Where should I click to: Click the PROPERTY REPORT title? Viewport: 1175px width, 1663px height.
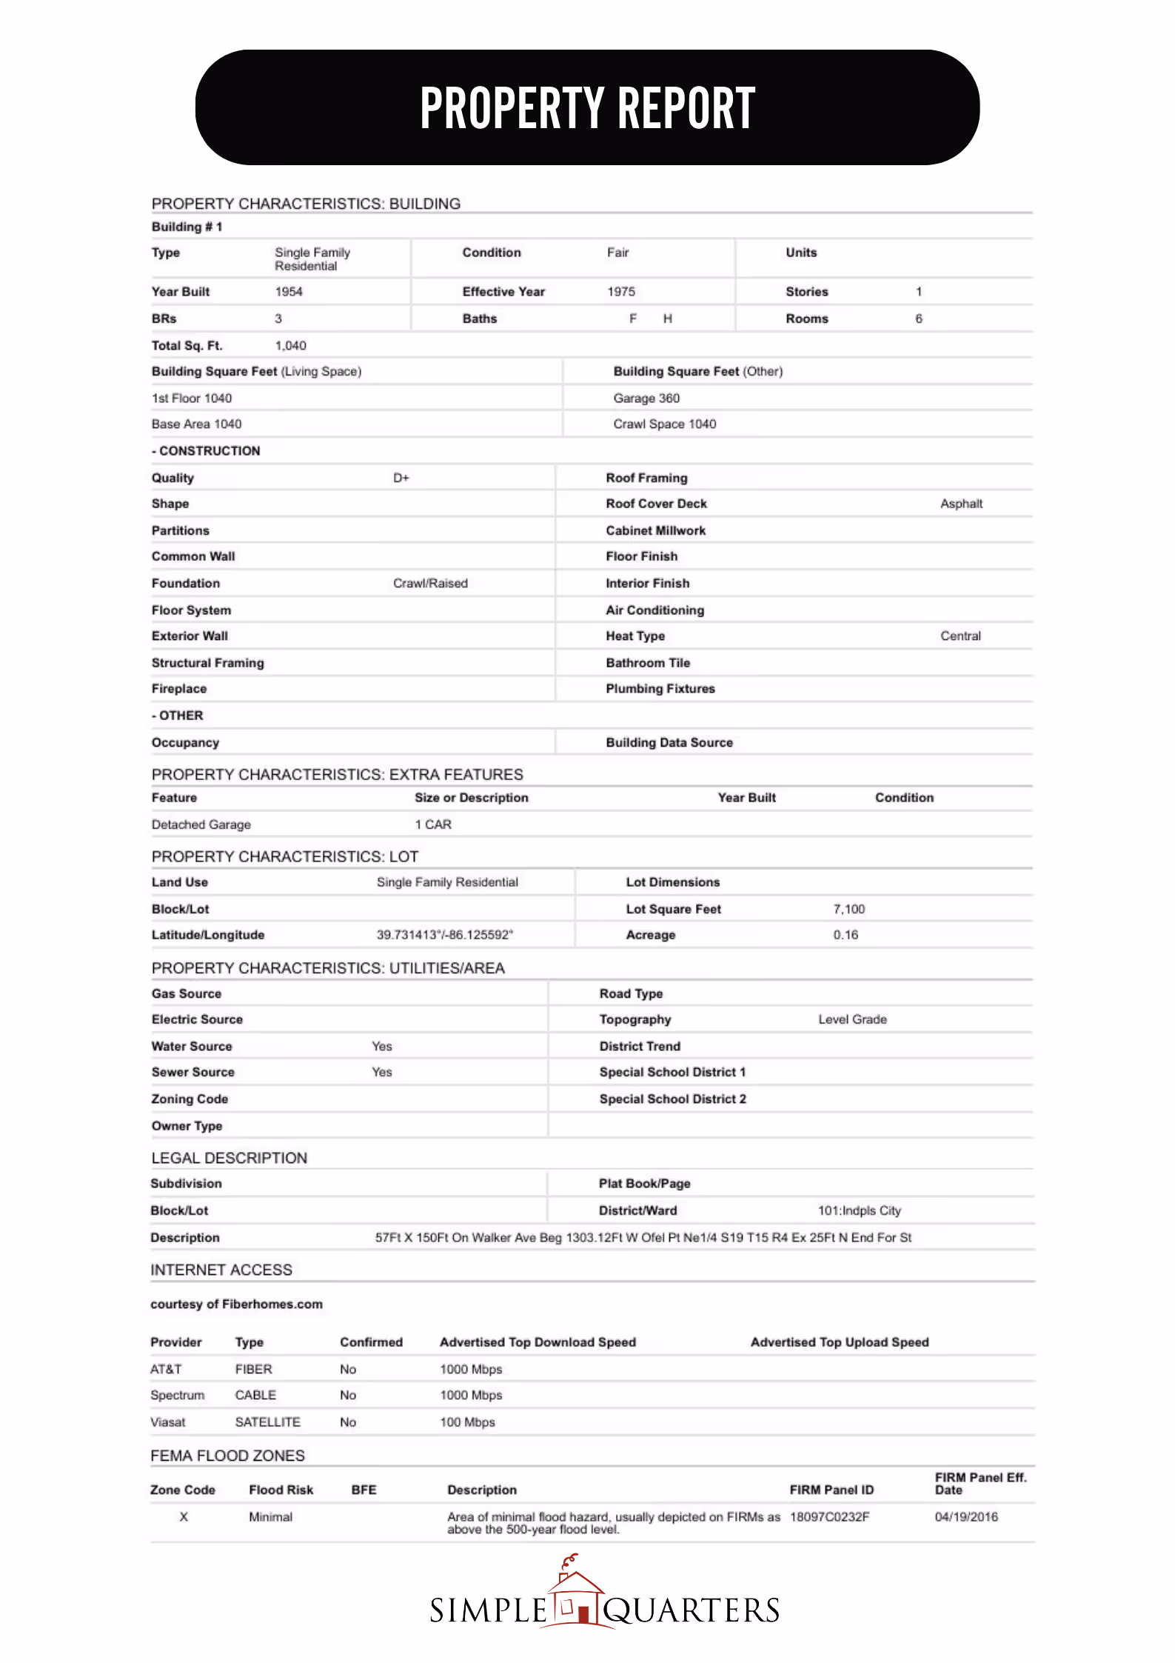(x=587, y=108)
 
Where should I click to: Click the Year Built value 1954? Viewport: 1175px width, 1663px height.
(x=289, y=292)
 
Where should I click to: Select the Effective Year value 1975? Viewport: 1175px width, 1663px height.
(x=621, y=292)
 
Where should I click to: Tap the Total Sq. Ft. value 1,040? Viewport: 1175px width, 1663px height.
(x=290, y=346)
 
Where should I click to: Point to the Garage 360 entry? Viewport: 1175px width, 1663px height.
(x=646, y=399)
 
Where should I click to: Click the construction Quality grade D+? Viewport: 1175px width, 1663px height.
(x=401, y=479)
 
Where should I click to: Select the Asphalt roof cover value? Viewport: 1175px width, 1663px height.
(x=961, y=504)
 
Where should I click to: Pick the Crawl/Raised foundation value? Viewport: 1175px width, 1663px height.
(x=430, y=584)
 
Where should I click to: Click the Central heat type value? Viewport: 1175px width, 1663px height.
(x=960, y=636)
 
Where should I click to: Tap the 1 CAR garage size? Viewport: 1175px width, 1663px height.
(x=433, y=824)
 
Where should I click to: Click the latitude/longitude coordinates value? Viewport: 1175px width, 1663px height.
(x=445, y=935)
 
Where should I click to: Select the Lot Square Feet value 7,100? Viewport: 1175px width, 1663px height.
(x=848, y=909)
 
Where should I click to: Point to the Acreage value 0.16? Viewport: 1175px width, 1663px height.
(x=846, y=935)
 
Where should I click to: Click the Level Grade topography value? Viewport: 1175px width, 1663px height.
(x=852, y=1019)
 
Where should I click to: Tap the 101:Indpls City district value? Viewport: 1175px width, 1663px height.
(x=859, y=1210)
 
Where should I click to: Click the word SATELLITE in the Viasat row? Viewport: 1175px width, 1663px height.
(x=267, y=1422)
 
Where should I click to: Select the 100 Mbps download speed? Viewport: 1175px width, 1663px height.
(x=467, y=1422)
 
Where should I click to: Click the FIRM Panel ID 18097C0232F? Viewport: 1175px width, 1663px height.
(x=829, y=1517)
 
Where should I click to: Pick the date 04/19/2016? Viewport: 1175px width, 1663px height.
(x=966, y=1517)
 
